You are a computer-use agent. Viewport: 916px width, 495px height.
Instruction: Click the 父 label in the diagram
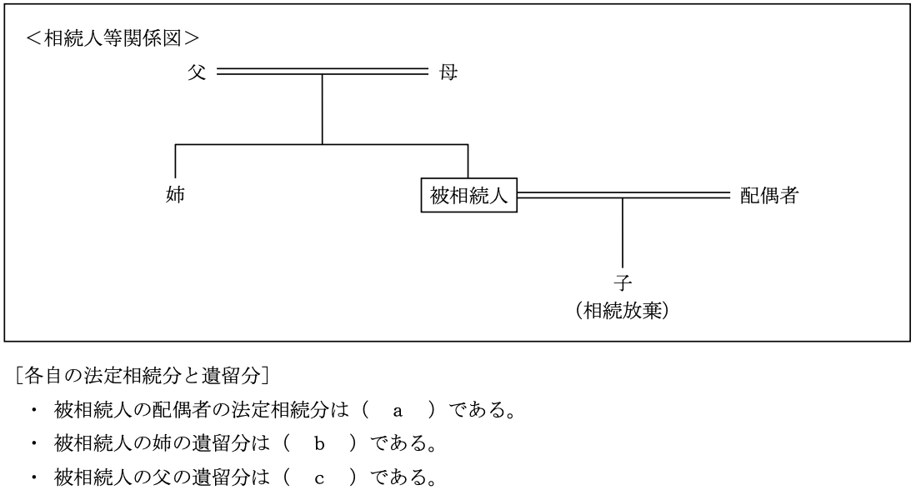coord(196,73)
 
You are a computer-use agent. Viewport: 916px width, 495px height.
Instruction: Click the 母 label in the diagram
coord(448,73)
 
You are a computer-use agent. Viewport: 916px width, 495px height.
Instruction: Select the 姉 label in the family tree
coord(175,197)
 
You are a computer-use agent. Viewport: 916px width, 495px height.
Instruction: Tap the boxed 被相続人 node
coord(468,197)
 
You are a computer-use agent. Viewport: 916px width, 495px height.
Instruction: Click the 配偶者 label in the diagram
coord(769,197)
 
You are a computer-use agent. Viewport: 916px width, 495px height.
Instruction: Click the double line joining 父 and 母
coord(322,73)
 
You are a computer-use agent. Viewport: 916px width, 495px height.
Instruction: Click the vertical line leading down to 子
coord(623,233)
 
